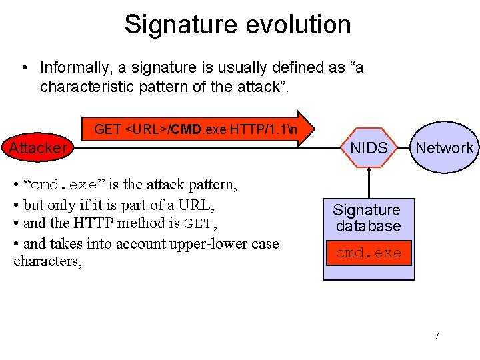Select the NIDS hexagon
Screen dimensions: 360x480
[369, 148]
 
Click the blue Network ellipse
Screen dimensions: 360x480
[444, 148]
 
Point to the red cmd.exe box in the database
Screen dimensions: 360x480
[369, 253]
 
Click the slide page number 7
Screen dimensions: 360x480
[437, 336]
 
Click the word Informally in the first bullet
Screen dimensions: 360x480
[74, 68]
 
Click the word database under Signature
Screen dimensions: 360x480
[368, 226]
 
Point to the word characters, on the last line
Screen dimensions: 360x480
[47, 261]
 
